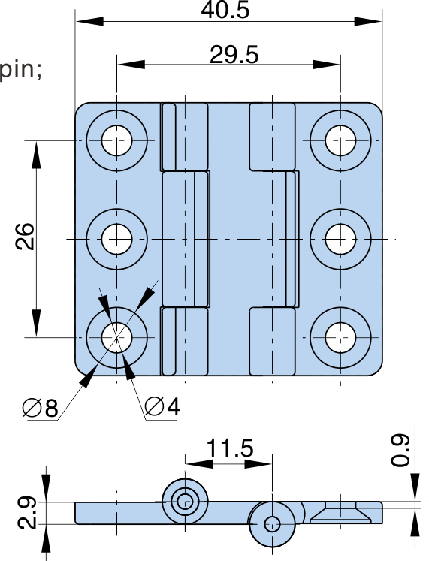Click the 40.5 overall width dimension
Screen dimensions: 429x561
click(x=225, y=10)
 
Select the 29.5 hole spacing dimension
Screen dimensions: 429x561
click(x=234, y=55)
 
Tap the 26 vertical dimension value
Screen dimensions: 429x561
click(x=25, y=236)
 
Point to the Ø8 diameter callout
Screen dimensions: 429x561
click(x=40, y=407)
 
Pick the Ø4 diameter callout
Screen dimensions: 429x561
click(x=162, y=406)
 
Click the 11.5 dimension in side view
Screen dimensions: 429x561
click(x=230, y=448)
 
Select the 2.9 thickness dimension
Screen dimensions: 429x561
click(x=26, y=512)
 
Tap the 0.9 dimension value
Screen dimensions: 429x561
click(x=400, y=450)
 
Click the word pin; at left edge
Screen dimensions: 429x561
click(x=20, y=70)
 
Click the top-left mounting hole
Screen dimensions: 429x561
click(x=116, y=140)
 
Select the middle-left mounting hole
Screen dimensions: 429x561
click(x=116, y=239)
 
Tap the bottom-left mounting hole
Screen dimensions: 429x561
click(x=116, y=337)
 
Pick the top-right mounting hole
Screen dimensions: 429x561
click(x=340, y=140)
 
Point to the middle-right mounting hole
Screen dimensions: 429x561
click(x=340, y=239)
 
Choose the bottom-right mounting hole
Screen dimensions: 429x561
click(x=340, y=337)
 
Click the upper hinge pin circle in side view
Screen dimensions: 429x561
click(x=185, y=502)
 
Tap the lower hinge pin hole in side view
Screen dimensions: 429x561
click(x=272, y=524)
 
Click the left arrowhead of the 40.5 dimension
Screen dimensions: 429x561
click(x=89, y=21)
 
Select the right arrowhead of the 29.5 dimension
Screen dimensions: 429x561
click(x=326, y=65)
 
